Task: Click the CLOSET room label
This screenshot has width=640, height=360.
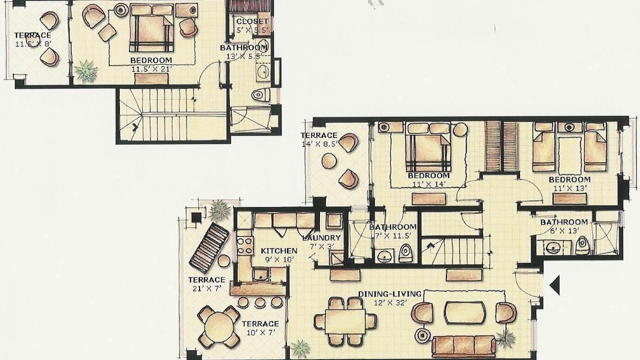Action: pyautogui.click(x=252, y=21)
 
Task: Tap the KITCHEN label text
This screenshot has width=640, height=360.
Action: pyautogui.click(x=279, y=251)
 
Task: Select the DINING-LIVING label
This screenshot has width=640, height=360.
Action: pyautogui.click(x=389, y=293)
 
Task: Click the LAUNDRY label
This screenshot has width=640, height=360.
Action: pyautogui.click(x=321, y=237)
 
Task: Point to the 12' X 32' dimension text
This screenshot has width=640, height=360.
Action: pyautogui.click(x=390, y=302)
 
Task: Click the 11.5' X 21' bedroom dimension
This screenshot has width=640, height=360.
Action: pyautogui.click(x=151, y=69)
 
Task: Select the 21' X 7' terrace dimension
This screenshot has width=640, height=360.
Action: pyautogui.click(x=207, y=288)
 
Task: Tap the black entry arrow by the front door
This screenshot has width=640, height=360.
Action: pyautogui.click(x=554, y=285)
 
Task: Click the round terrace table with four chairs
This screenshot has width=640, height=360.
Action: pyautogui.click(x=219, y=327)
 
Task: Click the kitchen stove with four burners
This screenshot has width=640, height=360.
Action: pyautogui.click(x=245, y=245)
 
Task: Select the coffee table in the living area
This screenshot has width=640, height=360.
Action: pyautogui.click(x=465, y=312)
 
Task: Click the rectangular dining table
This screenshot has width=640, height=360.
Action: pyautogui.click(x=345, y=321)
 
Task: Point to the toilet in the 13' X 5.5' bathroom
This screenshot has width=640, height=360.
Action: pyautogui.click(x=261, y=94)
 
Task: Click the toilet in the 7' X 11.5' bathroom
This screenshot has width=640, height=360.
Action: pyautogui.click(x=405, y=253)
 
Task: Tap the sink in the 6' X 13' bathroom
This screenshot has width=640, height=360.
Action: pyautogui.click(x=553, y=247)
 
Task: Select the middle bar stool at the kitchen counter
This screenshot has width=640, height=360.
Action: pyautogui.click(x=260, y=302)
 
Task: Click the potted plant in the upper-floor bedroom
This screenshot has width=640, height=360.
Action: pyautogui.click(x=85, y=71)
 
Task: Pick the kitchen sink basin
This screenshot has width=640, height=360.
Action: pyautogui.click(x=260, y=274)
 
